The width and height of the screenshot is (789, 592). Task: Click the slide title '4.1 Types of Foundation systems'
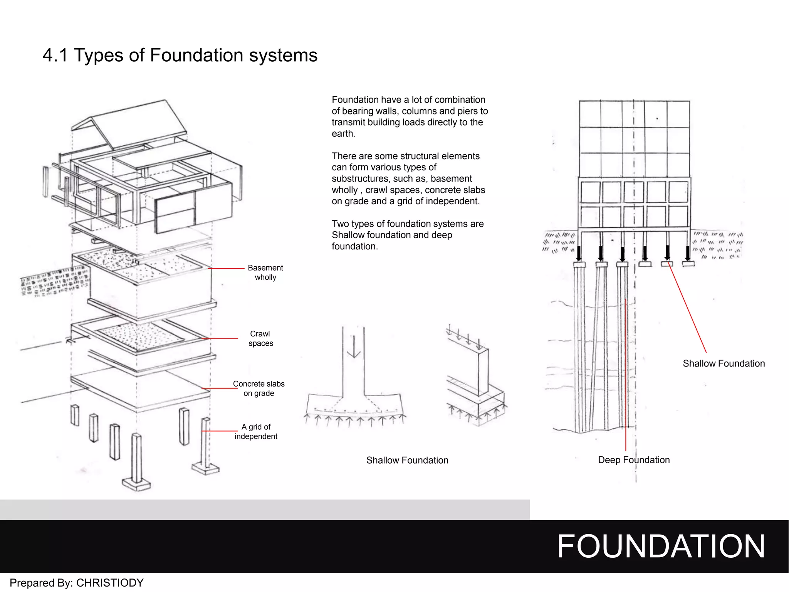pyautogui.click(x=180, y=55)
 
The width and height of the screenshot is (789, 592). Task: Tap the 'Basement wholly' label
pyautogui.click(x=265, y=272)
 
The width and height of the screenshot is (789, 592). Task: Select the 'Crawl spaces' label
pyautogui.click(x=260, y=338)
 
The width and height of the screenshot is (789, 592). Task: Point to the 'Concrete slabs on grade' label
pyautogui.click(x=259, y=388)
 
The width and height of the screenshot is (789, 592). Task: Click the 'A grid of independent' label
pyautogui.click(x=256, y=432)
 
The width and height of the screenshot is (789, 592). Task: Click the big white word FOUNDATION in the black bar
pyautogui.click(x=660, y=546)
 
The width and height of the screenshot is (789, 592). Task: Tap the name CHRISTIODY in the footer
pyautogui.click(x=110, y=583)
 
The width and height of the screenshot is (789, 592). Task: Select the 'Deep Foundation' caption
pyautogui.click(x=633, y=460)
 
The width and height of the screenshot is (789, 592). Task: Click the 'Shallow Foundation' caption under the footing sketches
pyautogui.click(x=407, y=460)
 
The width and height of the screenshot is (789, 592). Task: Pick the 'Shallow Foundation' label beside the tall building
pyautogui.click(x=724, y=363)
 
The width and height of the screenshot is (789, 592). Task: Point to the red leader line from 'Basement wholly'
pyautogui.click(x=227, y=268)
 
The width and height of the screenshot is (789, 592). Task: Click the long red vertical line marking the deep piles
pyautogui.click(x=626, y=374)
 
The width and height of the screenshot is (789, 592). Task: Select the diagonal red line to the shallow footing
pyautogui.click(x=688, y=308)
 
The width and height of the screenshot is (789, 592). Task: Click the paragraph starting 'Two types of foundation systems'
pyautogui.click(x=407, y=235)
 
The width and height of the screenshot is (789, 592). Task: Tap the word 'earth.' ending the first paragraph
pyautogui.click(x=343, y=134)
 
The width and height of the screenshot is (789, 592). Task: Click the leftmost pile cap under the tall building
pyautogui.click(x=579, y=264)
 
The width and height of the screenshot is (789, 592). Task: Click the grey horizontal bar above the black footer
pyautogui.click(x=265, y=510)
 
